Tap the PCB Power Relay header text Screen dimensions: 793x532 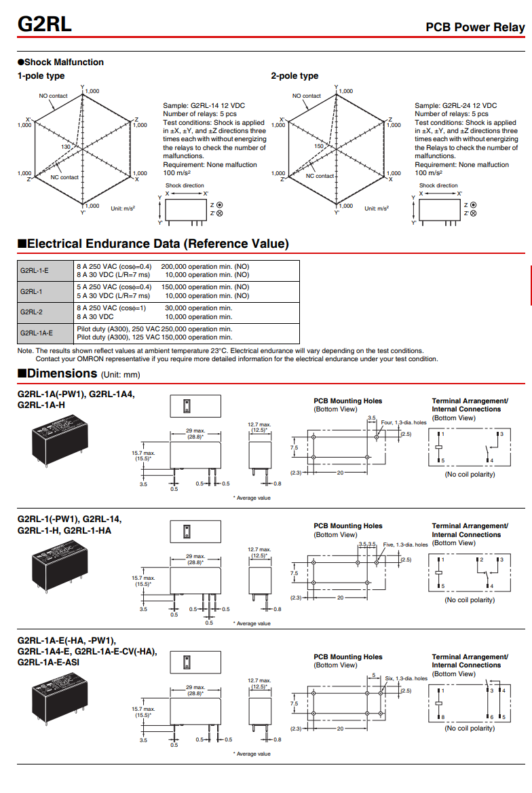coord(475,27)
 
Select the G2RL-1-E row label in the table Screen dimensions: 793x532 coord(35,270)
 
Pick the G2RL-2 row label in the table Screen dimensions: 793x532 coord(31,312)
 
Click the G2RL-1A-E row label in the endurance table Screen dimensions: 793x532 coord(37,333)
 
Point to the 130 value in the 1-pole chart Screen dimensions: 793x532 coord(65,147)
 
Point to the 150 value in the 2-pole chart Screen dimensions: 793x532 coord(319,146)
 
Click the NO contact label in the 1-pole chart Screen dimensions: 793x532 coord(53,96)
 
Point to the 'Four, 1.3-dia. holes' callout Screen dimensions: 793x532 coord(404,422)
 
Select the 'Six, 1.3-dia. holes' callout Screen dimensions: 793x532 coord(406,678)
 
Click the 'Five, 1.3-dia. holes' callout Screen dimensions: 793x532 coord(405,545)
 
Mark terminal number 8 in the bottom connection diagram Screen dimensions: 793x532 coord(442,717)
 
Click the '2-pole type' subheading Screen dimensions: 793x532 coord(294,76)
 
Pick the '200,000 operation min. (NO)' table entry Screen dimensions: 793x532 coord(205,266)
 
